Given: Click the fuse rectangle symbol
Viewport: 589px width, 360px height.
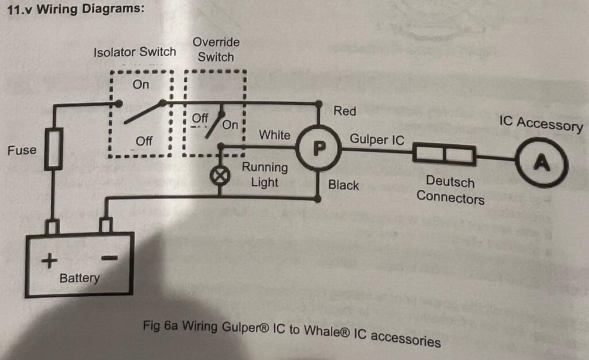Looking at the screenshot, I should pos(53,148).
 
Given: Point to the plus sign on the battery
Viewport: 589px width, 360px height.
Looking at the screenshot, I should pos(49,262).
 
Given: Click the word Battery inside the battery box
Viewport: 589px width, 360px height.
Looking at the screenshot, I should pos(79,278).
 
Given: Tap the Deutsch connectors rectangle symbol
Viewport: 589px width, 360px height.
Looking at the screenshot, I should pos(445,155).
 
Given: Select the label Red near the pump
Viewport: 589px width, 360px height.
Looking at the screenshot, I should pos(345,111).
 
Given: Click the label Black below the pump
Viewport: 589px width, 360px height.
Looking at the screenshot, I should pos(343,185).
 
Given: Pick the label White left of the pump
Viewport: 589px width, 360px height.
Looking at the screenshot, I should pos(274,135).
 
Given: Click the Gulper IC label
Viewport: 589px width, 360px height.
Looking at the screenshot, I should pos(377,139).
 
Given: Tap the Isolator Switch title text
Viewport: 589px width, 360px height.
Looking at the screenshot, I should pos(135,52).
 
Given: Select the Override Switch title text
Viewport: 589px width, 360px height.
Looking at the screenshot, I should pos(216,49).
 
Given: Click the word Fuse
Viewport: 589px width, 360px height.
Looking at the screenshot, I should pos(22,151).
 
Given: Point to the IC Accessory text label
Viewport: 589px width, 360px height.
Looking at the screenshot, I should pos(541,124).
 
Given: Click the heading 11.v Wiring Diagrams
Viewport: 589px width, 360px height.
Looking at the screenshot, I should pos(74,10).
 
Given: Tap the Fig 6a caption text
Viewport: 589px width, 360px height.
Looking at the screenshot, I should pos(292,332).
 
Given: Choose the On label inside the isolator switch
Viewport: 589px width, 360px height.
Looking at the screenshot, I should pos(140,85).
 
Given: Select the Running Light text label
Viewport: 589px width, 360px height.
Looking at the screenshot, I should pos(265,175).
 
